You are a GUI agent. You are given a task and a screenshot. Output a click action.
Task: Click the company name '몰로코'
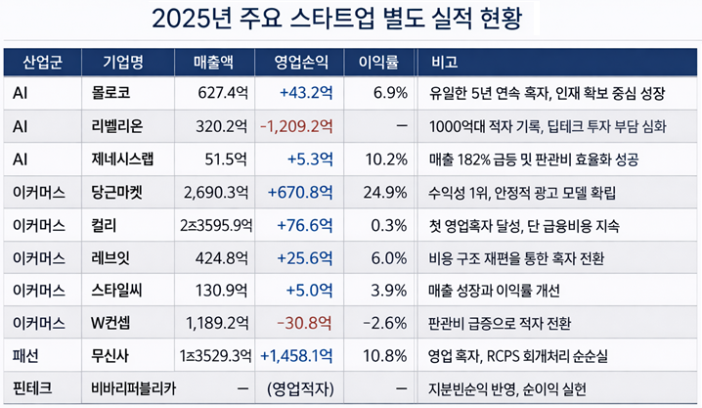(x=110, y=94)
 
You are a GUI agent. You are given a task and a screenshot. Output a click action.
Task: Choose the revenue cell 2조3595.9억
(x=215, y=226)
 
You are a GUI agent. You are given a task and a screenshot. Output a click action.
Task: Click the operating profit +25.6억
(x=306, y=258)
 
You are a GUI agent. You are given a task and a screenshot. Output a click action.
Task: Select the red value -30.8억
(x=305, y=324)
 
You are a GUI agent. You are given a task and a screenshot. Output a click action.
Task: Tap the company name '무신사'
(x=110, y=356)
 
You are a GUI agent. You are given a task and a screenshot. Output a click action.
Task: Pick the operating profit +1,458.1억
(x=297, y=356)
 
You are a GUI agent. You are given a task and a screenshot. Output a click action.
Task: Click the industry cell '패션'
(x=26, y=356)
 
